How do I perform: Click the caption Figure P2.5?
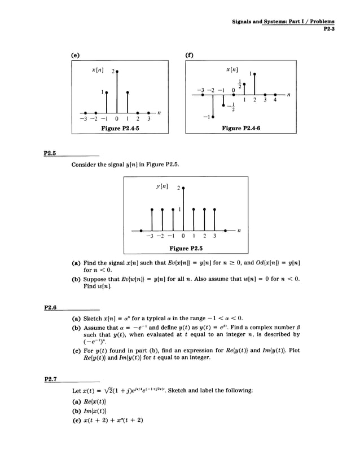click(x=186, y=248)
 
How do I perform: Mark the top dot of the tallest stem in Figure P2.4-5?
click(x=117, y=72)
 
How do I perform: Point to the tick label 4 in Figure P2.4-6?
click(x=275, y=100)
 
